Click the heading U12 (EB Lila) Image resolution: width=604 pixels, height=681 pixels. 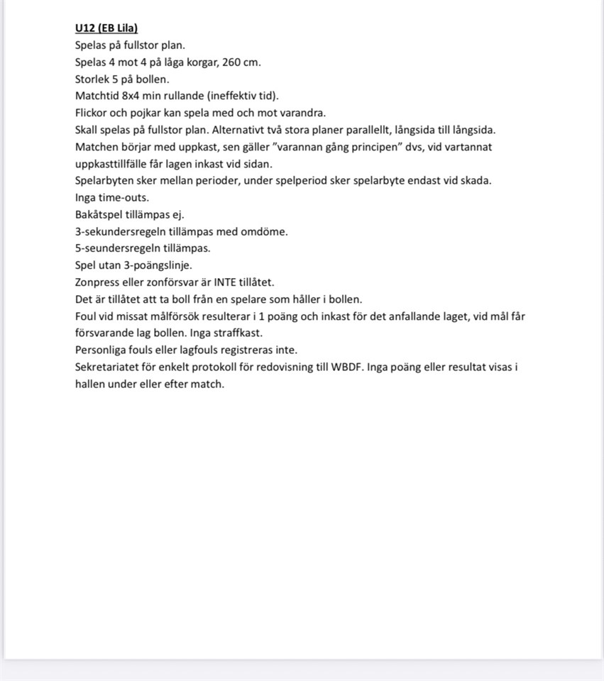[106, 28]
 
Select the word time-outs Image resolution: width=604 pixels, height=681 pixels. [124, 198]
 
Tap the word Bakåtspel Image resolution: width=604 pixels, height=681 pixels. [99, 214]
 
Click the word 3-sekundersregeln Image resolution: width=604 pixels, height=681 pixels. [121, 231]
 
